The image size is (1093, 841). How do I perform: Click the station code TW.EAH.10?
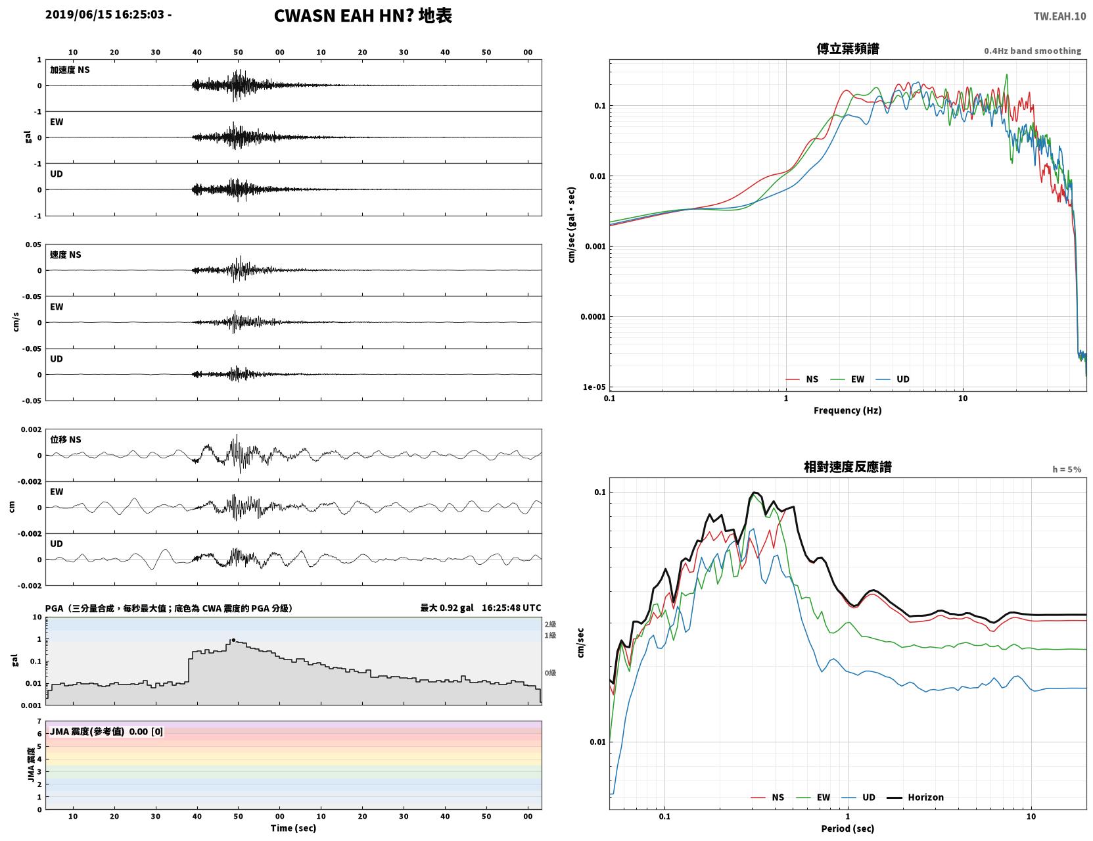(1059, 16)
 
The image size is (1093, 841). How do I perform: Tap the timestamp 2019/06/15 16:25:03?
(105, 14)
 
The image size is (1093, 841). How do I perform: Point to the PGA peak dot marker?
(233, 640)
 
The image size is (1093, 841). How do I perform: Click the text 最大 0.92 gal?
(447, 608)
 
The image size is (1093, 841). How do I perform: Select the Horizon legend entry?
(915, 797)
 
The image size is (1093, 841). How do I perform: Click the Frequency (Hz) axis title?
(848, 410)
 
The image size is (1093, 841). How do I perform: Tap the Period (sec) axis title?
(848, 829)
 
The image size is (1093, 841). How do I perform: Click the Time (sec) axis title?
(293, 828)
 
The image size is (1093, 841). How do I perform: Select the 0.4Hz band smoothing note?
(1032, 51)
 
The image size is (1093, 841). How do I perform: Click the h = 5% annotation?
(1066, 469)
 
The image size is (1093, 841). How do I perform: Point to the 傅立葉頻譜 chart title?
(848, 49)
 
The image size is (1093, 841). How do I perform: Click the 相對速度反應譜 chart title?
(848, 467)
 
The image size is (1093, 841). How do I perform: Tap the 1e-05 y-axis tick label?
(594, 387)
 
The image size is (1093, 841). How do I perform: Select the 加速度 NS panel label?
(70, 70)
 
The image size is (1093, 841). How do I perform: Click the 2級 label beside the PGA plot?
(550, 624)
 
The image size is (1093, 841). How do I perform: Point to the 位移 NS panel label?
(65, 440)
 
